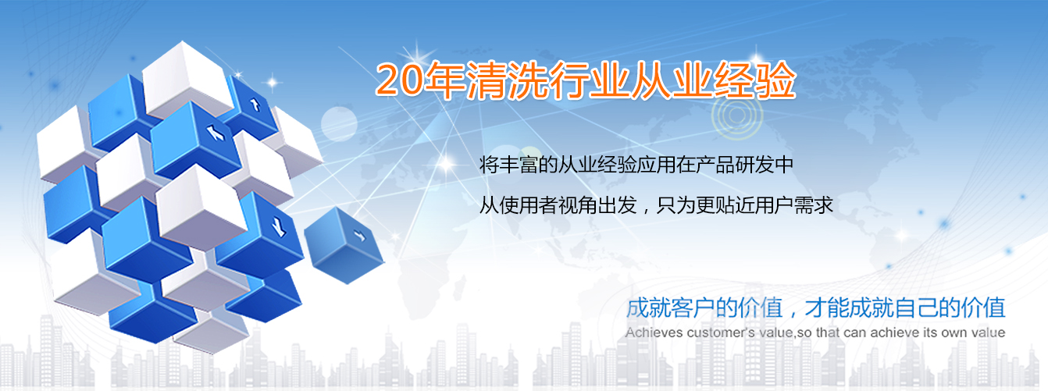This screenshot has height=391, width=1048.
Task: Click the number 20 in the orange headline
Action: (x=399, y=80)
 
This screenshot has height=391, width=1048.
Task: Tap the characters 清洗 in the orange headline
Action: (x=508, y=80)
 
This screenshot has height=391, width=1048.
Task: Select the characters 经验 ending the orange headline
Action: (x=754, y=80)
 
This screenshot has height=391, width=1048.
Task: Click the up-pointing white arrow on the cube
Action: (x=255, y=105)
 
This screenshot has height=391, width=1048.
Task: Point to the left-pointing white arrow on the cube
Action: (x=216, y=133)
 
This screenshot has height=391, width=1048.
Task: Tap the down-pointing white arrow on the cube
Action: (x=280, y=227)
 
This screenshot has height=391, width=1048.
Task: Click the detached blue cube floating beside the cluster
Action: (x=344, y=245)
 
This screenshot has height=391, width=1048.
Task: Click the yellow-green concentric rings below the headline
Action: (x=737, y=115)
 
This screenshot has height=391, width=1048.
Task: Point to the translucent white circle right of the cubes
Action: (x=339, y=124)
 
